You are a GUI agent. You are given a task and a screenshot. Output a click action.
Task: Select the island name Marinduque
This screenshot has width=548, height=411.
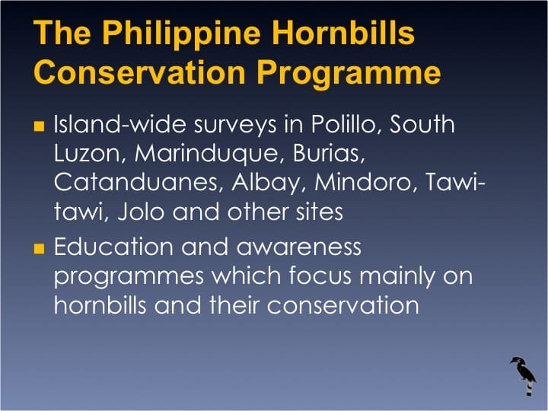tap(214, 153)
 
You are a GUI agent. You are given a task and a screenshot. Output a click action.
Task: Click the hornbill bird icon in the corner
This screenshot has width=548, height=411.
tap(524, 374)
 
